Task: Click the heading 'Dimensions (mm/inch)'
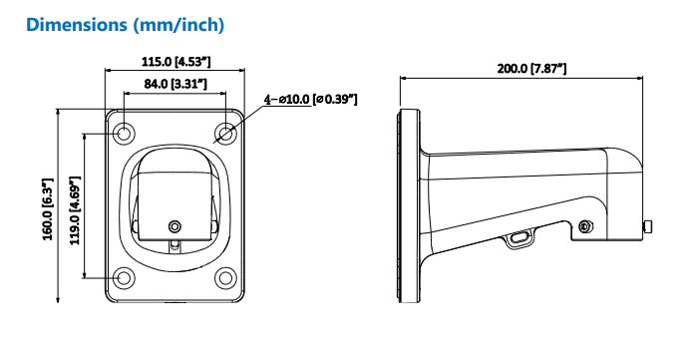[125, 23]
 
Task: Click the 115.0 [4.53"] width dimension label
[174, 62]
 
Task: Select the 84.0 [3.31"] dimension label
[174, 84]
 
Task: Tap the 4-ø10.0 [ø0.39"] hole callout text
[310, 99]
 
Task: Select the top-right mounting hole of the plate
[227, 133]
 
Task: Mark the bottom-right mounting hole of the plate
[227, 279]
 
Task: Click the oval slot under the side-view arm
[519, 238]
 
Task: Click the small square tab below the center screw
[175, 242]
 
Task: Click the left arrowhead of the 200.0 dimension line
[404, 79]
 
